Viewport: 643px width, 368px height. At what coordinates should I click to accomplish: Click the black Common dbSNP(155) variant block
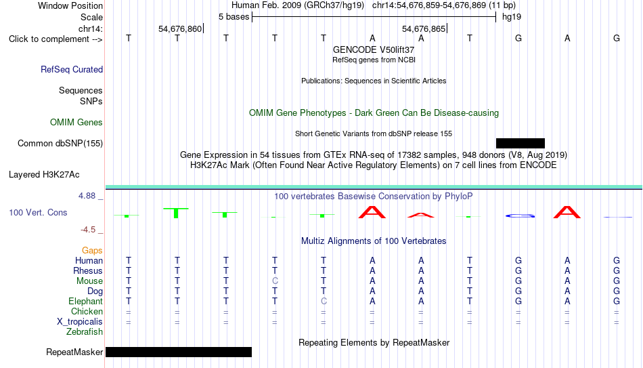click(x=520, y=144)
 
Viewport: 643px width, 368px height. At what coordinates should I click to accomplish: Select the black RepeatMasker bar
click(x=179, y=352)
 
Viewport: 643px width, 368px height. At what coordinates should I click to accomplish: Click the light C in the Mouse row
click(x=275, y=281)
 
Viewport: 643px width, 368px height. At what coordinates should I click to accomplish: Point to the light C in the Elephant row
click(x=324, y=301)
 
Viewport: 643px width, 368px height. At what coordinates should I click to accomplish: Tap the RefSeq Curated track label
click(x=72, y=69)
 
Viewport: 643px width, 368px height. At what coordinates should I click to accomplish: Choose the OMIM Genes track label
click(x=76, y=123)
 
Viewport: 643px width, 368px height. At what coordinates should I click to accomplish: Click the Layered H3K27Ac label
click(x=44, y=175)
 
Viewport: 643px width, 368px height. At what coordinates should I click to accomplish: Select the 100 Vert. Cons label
click(x=38, y=212)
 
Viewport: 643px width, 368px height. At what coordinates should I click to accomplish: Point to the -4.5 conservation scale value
click(x=88, y=230)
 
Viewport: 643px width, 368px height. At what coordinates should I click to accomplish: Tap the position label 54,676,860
click(x=180, y=28)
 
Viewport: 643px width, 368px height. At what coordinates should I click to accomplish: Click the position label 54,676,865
click(x=424, y=28)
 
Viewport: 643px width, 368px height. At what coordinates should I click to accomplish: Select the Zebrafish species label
click(x=85, y=331)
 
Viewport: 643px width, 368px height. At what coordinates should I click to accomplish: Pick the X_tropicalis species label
click(x=80, y=322)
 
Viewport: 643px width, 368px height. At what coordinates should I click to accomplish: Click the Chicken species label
click(x=87, y=311)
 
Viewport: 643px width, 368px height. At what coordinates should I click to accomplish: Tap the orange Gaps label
click(x=92, y=251)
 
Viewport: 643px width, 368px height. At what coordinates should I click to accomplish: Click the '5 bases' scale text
click(x=234, y=17)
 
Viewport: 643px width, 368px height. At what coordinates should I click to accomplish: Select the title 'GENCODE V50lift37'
click(x=374, y=49)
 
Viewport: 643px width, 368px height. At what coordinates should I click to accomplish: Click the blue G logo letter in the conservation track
click(x=520, y=216)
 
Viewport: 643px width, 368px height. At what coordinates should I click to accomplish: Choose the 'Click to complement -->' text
click(x=56, y=39)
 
